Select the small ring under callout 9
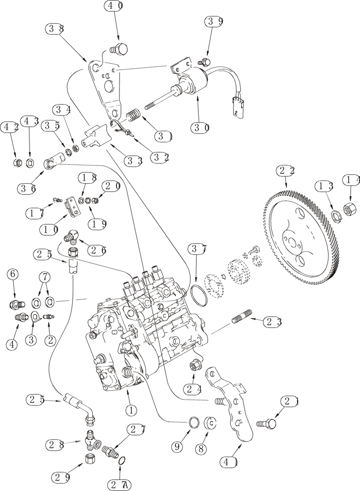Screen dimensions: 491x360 (x=194, y=421)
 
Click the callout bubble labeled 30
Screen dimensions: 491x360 (x=201, y=127)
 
